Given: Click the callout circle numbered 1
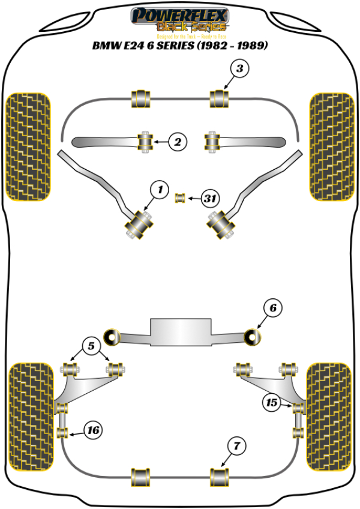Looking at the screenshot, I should coord(160,191).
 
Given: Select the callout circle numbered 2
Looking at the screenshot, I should coord(177,142).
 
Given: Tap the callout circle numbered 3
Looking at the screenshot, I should coord(239,69).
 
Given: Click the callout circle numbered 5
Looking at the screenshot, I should coord(91,346).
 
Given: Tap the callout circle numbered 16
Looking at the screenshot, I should coord(93,430).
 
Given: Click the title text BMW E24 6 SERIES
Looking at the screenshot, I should coord(179,46).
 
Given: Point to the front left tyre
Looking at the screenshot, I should coord(28,146).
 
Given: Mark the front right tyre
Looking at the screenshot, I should coord(330,146).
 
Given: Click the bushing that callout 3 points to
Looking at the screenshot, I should coord(220,98).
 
